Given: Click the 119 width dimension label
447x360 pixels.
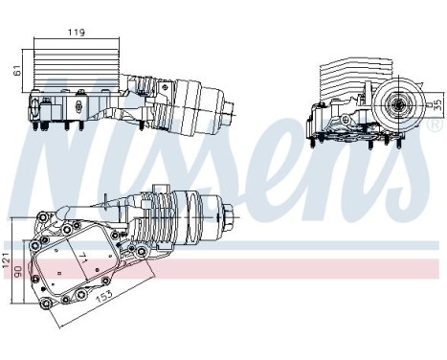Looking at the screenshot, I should coord(78,32).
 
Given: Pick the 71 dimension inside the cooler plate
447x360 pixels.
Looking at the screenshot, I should coord(84,258).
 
